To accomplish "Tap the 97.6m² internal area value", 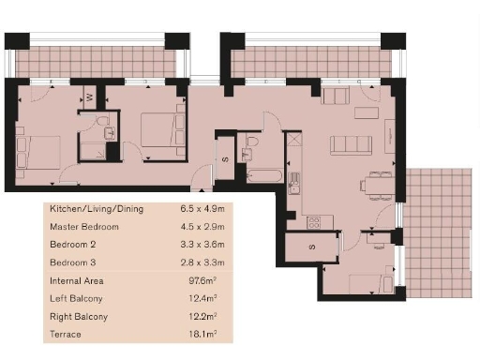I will (x=198, y=280).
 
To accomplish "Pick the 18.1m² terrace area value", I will (x=198, y=334).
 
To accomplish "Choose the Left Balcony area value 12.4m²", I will (x=198, y=298).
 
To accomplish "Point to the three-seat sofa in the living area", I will (x=351, y=145).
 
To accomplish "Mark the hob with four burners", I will (x=314, y=222).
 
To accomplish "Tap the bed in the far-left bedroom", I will (x=40, y=153).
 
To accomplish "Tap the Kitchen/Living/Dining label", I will (x=97, y=209).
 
